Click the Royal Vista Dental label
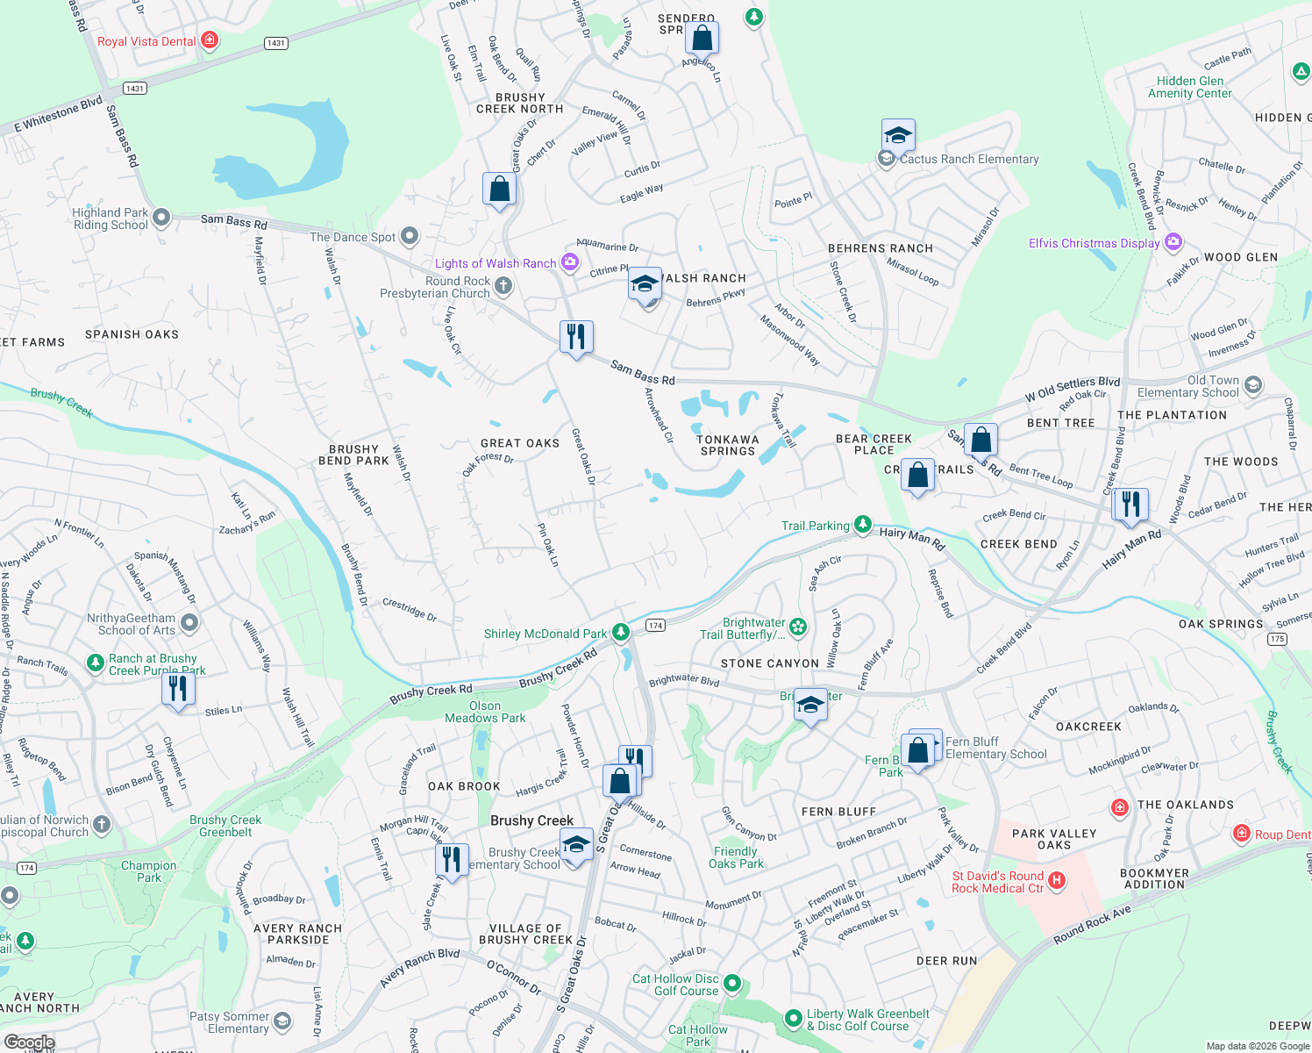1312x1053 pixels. [x=146, y=41]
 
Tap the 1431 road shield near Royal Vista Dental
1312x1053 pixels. [x=276, y=43]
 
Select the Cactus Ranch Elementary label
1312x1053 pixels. [x=969, y=159]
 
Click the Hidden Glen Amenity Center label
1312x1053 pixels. [x=1190, y=87]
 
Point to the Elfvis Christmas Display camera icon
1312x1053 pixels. [x=1173, y=242]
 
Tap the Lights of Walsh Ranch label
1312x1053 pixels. [x=496, y=263]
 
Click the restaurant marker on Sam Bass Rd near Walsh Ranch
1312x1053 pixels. [x=576, y=338]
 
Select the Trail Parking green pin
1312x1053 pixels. [x=863, y=524]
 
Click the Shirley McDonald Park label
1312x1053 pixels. [x=545, y=634]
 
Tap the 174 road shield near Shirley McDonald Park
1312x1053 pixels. [x=655, y=625]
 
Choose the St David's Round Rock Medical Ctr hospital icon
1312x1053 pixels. [x=1057, y=880]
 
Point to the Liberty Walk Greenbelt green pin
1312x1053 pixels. [x=794, y=1018]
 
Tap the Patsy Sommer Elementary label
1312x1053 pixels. [x=229, y=1022]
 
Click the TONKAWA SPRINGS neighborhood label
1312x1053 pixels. [x=727, y=445]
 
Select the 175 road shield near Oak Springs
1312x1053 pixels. [x=1277, y=638]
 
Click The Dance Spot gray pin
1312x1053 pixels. [x=410, y=236]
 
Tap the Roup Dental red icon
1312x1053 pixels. [x=1241, y=834]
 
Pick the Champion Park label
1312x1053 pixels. [x=149, y=871]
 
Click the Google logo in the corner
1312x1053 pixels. [x=29, y=1042]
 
